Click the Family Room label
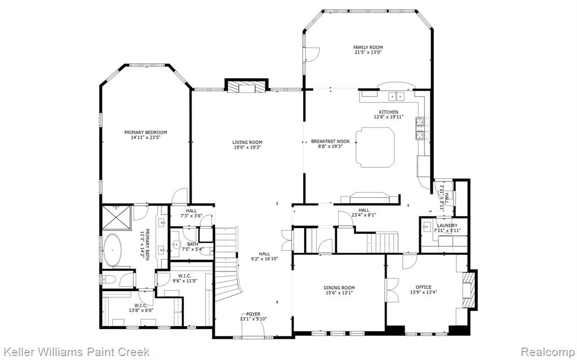[x=368, y=47]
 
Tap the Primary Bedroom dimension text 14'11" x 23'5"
[x=146, y=137]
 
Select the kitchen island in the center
[x=375, y=147]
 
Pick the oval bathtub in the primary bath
[x=112, y=251]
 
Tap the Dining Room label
[x=339, y=288]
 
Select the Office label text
[x=424, y=287]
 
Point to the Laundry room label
[x=447, y=226]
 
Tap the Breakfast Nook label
[x=330, y=141]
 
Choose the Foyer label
[x=254, y=314]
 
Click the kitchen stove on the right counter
[x=420, y=129]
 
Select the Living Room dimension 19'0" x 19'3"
[x=247, y=148]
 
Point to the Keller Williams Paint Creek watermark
[x=75, y=352]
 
